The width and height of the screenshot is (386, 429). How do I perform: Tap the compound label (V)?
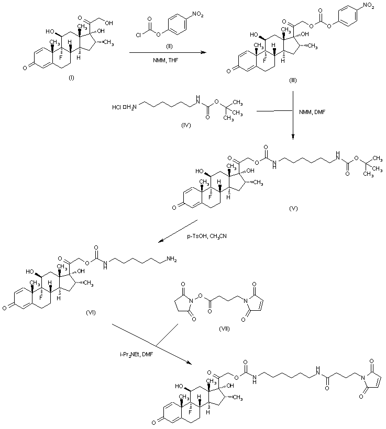(294, 208)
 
